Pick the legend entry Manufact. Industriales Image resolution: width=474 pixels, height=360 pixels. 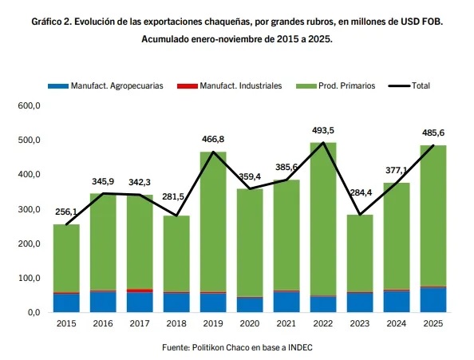click(x=235, y=85)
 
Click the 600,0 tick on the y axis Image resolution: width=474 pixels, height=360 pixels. click(x=28, y=105)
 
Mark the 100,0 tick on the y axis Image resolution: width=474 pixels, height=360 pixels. click(x=28, y=279)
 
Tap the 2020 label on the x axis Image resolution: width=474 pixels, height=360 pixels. click(x=250, y=324)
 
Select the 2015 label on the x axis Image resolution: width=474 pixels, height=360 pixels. click(x=65, y=324)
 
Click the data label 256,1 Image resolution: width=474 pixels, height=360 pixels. click(x=66, y=212)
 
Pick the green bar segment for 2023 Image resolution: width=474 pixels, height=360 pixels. click(x=360, y=253)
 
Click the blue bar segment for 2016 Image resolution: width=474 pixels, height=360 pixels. click(x=102, y=302)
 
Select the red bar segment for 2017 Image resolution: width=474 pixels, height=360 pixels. click(x=139, y=291)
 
